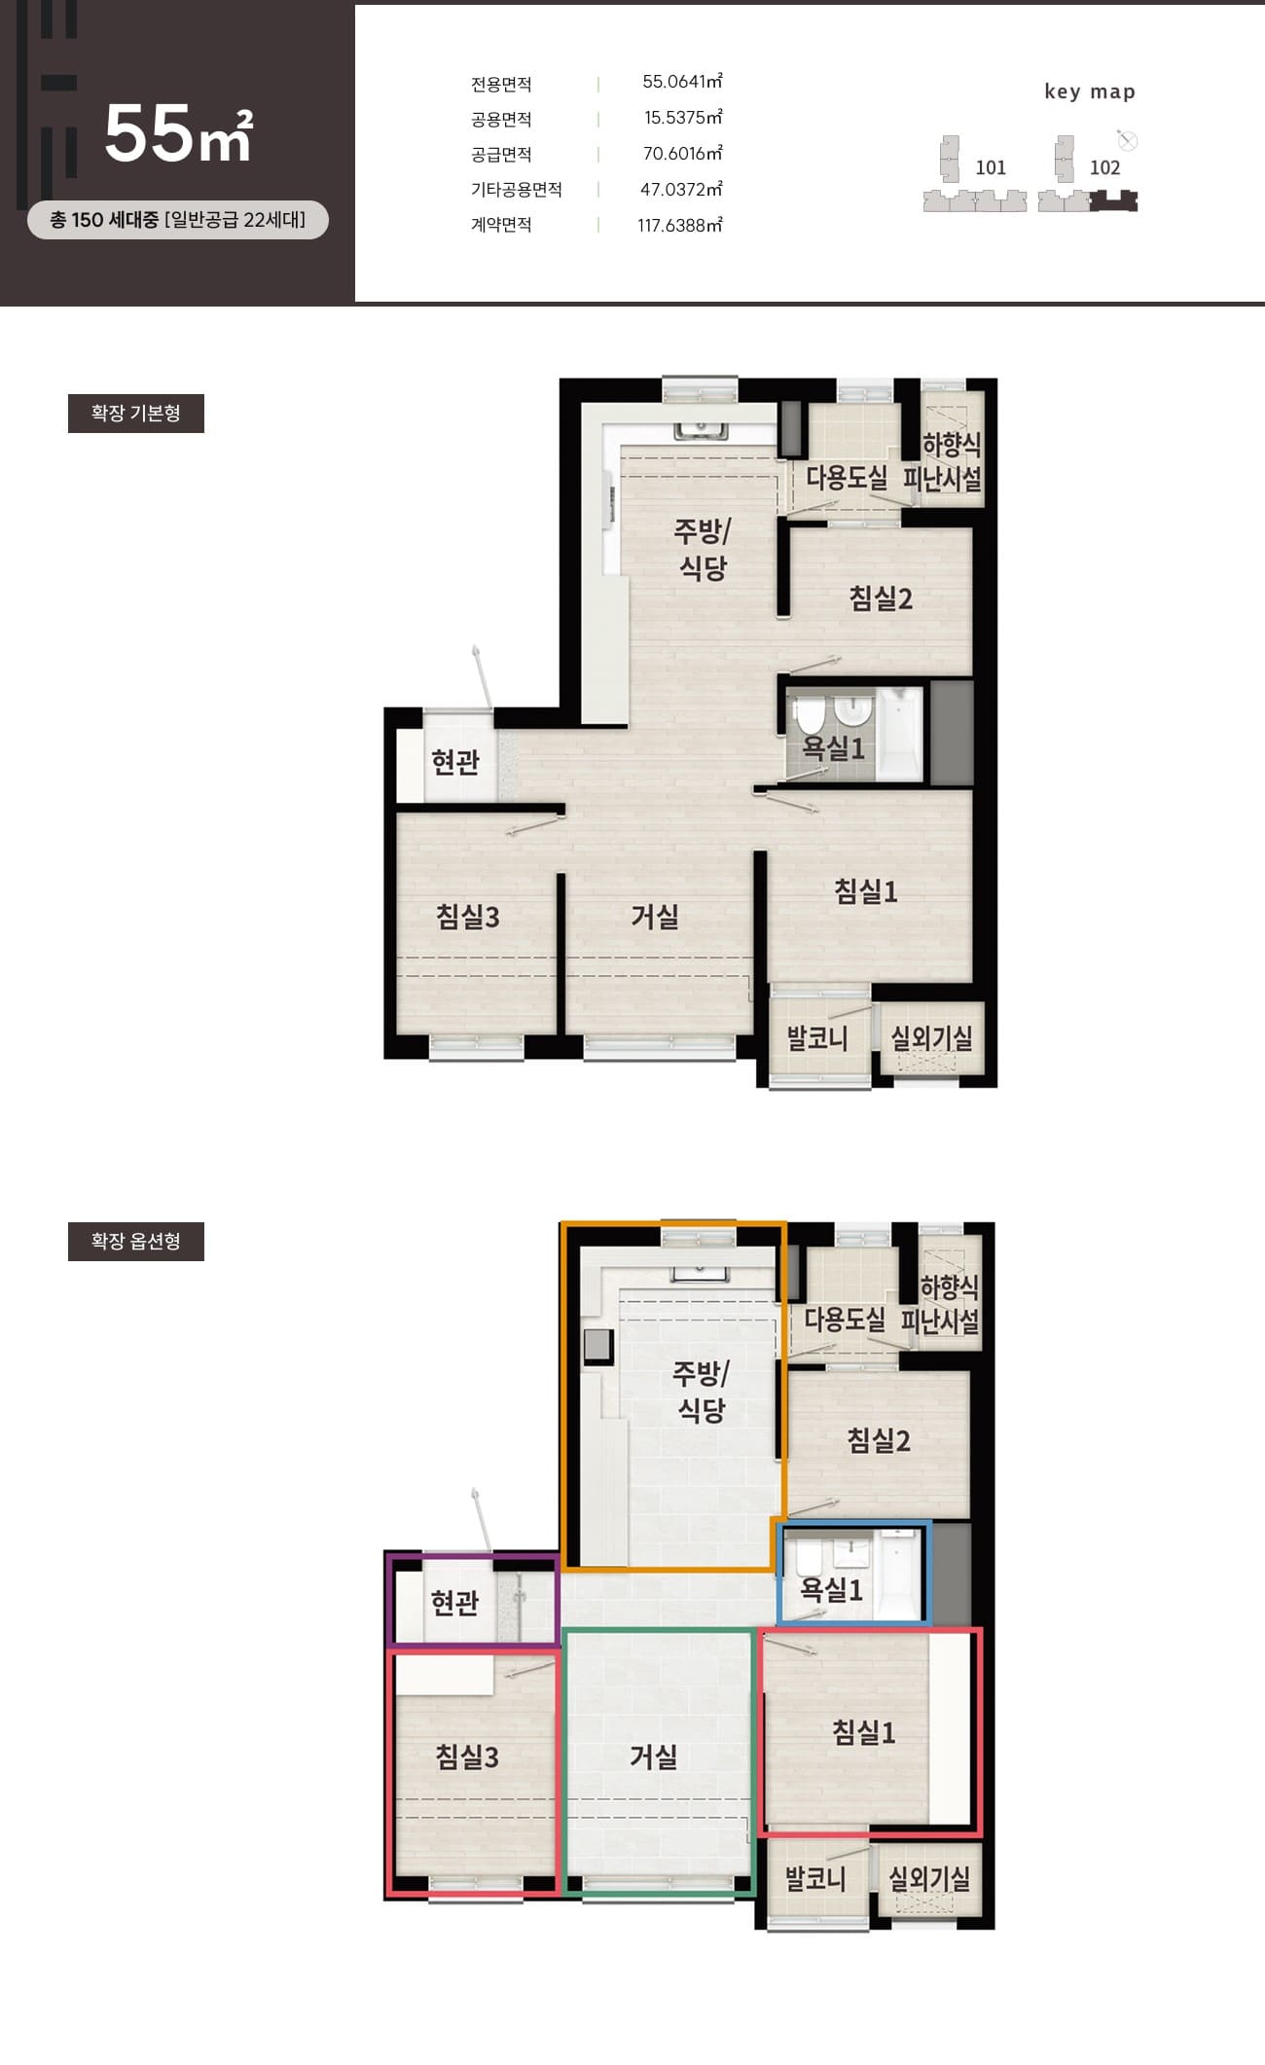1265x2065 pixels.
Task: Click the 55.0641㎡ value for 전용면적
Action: (682, 82)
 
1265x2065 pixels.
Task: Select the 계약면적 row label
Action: (501, 225)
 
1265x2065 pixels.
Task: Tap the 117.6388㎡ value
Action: (680, 225)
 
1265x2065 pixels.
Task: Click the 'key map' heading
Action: (1090, 91)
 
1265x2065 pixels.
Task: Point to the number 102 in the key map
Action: (1104, 167)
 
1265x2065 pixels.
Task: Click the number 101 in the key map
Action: (991, 167)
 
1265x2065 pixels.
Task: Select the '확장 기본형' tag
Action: (136, 414)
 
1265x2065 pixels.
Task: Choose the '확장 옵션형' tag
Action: (136, 1241)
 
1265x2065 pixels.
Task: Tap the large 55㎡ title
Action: (178, 133)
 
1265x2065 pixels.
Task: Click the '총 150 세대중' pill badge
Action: (178, 220)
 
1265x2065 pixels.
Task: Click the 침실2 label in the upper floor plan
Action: (881, 598)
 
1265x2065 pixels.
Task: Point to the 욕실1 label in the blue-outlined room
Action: (831, 1590)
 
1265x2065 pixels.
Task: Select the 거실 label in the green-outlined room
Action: (653, 1757)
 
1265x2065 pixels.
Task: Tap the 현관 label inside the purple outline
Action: (455, 1602)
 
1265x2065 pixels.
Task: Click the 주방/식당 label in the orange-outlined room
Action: (701, 1392)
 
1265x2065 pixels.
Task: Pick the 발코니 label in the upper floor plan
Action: (817, 1038)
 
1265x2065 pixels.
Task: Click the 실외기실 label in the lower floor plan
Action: (929, 1878)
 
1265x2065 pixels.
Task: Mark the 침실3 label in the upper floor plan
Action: (467, 916)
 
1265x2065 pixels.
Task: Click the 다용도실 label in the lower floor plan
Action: (845, 1320)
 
